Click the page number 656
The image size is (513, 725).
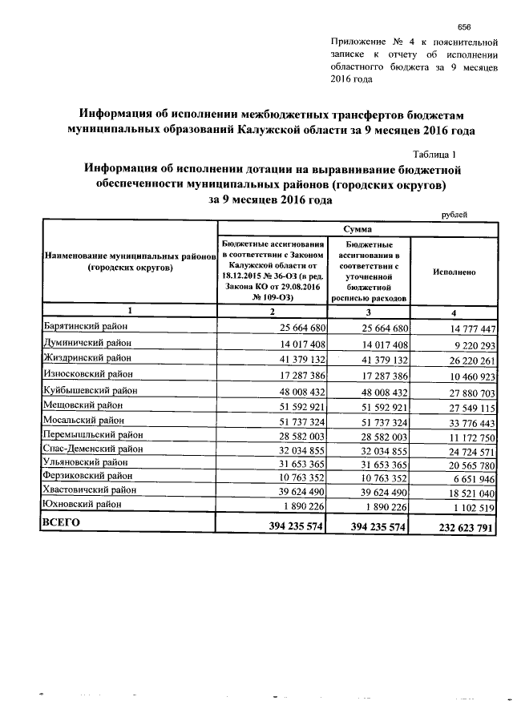tap(463, 26)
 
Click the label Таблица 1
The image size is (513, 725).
tap(435, 154)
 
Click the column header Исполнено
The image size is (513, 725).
tap(454, 272)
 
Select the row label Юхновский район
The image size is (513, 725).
tap(83, 504)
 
